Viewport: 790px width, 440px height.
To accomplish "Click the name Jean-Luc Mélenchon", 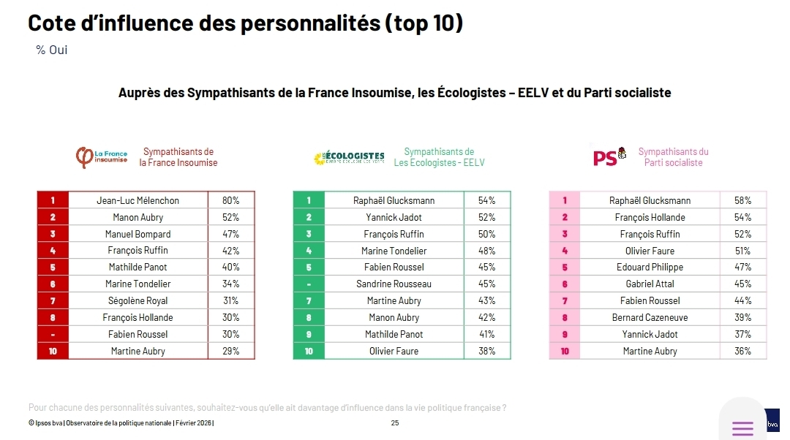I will (138, 200).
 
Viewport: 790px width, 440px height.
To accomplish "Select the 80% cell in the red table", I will (230, 200).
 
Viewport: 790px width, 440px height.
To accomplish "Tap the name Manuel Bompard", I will (138, 234).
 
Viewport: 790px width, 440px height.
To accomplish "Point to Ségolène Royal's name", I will (138, 300).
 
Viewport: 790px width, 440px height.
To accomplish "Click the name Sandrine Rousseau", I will (394, 284).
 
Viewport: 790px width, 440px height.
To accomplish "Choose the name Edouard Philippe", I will (650, 267).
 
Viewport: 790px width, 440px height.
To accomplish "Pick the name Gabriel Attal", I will (650, 284).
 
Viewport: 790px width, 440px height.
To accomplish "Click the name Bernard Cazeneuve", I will (650, 317).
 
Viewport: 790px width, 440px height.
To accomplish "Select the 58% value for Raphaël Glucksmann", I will (742, 200).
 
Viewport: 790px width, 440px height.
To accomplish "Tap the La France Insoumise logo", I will (102, 157).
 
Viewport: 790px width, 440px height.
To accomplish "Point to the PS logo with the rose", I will (609, 156).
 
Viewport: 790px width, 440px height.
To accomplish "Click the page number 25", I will (395, 423).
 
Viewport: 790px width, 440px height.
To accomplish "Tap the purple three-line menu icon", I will (742, 428).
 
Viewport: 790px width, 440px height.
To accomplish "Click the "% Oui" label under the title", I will (51, 50).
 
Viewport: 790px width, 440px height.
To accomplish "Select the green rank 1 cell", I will (309, 200).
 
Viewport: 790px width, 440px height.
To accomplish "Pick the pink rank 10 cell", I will (565, 351).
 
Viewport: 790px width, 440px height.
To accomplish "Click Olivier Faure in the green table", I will (394, 351).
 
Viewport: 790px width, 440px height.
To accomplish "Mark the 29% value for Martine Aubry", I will (230, 351).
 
